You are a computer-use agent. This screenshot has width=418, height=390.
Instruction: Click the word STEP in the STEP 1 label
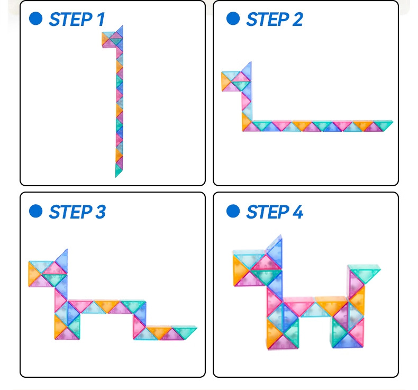[x=71, y=20]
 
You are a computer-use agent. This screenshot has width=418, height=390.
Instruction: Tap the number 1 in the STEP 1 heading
[x=101, y=20]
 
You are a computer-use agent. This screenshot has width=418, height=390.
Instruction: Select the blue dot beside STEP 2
[x=233, y=19]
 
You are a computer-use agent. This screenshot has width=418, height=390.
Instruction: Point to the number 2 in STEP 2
[x=297, y=20]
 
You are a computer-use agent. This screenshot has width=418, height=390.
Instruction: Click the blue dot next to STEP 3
[x=36, y=211]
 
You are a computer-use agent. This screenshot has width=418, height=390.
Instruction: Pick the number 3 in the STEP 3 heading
[x=100, y=212]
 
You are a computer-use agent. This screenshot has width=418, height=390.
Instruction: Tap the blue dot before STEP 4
[x=233, y=211]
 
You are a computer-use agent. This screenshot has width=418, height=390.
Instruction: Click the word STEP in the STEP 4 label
[x=268, y=212]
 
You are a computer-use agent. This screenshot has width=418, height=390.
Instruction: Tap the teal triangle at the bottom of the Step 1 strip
[x=118, y=170]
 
